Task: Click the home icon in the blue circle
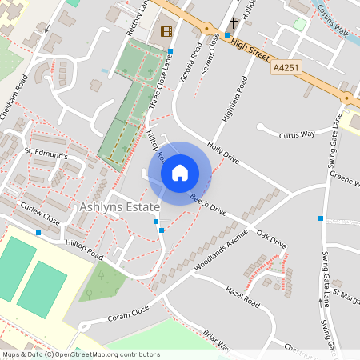point(180,172)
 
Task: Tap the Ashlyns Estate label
point(119,206)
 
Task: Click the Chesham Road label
point(15,97)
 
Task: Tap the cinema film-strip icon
point(166,32)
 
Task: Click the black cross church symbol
point(234,24)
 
